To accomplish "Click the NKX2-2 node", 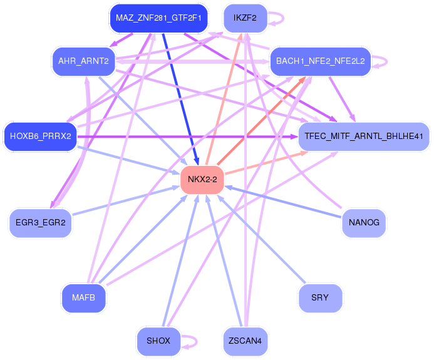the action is coord(202,180).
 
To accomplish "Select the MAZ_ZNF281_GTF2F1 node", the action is coord(158,18).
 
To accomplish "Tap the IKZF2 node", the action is coord(245,18).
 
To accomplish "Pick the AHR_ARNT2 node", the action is coord(83,61).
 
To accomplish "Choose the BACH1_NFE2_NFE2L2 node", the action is coord(321,61).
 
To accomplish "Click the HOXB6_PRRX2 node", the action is coord(41,136).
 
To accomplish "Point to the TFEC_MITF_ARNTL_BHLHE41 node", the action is coord(364,136).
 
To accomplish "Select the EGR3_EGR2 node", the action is coord(41,223).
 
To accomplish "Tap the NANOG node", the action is coord(364,223).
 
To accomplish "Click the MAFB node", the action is coord(83,298).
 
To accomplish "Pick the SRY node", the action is coord(321,298).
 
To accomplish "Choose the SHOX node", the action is coord(158,341).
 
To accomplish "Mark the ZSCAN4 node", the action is coord(245,341).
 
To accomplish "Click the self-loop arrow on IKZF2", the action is coord(283,18).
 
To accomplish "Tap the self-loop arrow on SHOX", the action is coord(197,341).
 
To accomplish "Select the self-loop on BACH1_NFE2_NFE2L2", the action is coord(386,61).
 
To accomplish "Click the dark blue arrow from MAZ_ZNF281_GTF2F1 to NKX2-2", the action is coord(180,99).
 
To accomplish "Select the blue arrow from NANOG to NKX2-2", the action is coord(283,202).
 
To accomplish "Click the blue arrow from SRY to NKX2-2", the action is coord(261,239).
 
